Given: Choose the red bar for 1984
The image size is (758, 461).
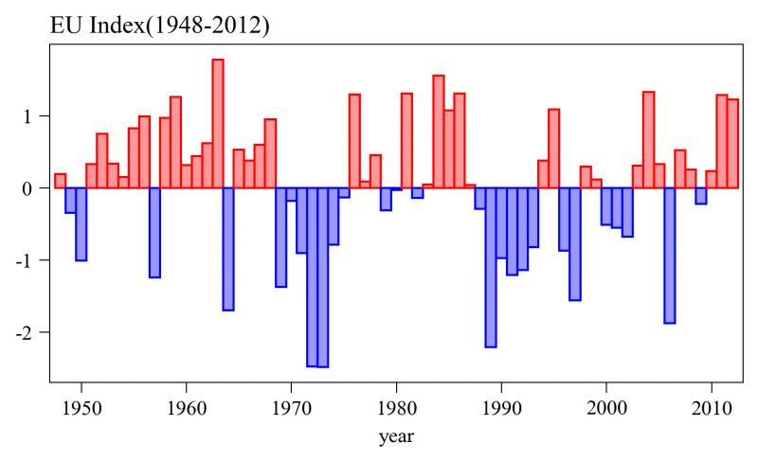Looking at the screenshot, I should click(439, 132).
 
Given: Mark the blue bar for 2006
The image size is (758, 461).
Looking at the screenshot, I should click(669, 256).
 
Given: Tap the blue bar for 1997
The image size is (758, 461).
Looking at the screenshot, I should click(575, 244).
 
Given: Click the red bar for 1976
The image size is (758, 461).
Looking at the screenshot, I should click(354, 141).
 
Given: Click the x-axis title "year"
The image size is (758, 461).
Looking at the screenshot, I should click(395, 438).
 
